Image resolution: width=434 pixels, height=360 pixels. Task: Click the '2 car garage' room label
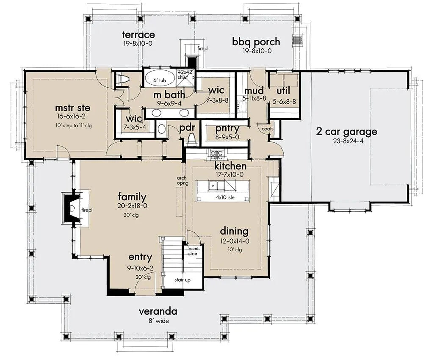346,132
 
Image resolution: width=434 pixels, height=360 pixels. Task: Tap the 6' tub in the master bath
160,79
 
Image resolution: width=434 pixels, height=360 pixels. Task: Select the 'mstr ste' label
72,108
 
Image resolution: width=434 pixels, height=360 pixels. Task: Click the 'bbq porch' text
256,42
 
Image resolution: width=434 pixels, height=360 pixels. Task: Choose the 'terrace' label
138,35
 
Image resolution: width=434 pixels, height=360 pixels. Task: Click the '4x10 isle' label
225,197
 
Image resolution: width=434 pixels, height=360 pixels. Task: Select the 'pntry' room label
227,129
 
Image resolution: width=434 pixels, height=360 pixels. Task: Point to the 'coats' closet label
268,129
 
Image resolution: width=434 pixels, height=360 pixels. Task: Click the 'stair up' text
182,280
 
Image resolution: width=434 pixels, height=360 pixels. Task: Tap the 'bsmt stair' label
193,251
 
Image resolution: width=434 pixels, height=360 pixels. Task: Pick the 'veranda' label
158,311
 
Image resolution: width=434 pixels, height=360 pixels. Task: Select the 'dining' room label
234,231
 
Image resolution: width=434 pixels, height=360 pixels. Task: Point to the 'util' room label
283,90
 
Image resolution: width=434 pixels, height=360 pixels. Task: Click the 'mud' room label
254,90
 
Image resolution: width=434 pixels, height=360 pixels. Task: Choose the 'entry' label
140,258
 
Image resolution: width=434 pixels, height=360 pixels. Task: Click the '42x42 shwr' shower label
183,75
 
